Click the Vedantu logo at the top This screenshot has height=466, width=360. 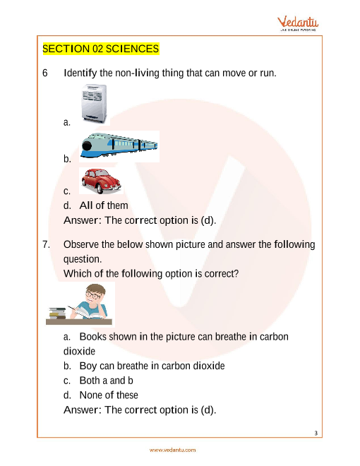[x=298, y=23]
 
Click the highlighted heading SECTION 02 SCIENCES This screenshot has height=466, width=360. [x=101, y=49]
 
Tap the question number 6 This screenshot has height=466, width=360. [x=45, y=73]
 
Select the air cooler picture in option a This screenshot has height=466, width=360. [x=94, y=104]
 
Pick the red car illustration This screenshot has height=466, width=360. [x=101, y=181]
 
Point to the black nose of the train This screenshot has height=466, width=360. [x=87, y=146]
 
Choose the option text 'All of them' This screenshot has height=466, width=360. [x=104, y=205]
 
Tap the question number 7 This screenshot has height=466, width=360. [x=46, y=244]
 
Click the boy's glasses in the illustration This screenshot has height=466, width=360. [x=92, y=295]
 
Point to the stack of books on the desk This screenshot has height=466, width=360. [x=57, y=313]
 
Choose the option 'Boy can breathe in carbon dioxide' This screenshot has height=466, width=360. [x=152, y=366]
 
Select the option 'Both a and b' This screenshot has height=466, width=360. [x=106, y=381]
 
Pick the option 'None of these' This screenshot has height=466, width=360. [x=109, y=395]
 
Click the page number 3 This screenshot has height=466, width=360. [x=316, y=433]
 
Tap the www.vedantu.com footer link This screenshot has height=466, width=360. [x=172, y=450]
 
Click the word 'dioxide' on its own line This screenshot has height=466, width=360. [x=79, y=352]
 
